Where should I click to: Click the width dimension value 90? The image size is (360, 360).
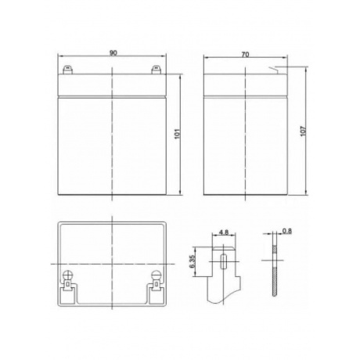point(114,54)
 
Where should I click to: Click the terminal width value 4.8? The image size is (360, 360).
point(224,232)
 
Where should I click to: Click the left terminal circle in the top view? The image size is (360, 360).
point(68,275)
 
